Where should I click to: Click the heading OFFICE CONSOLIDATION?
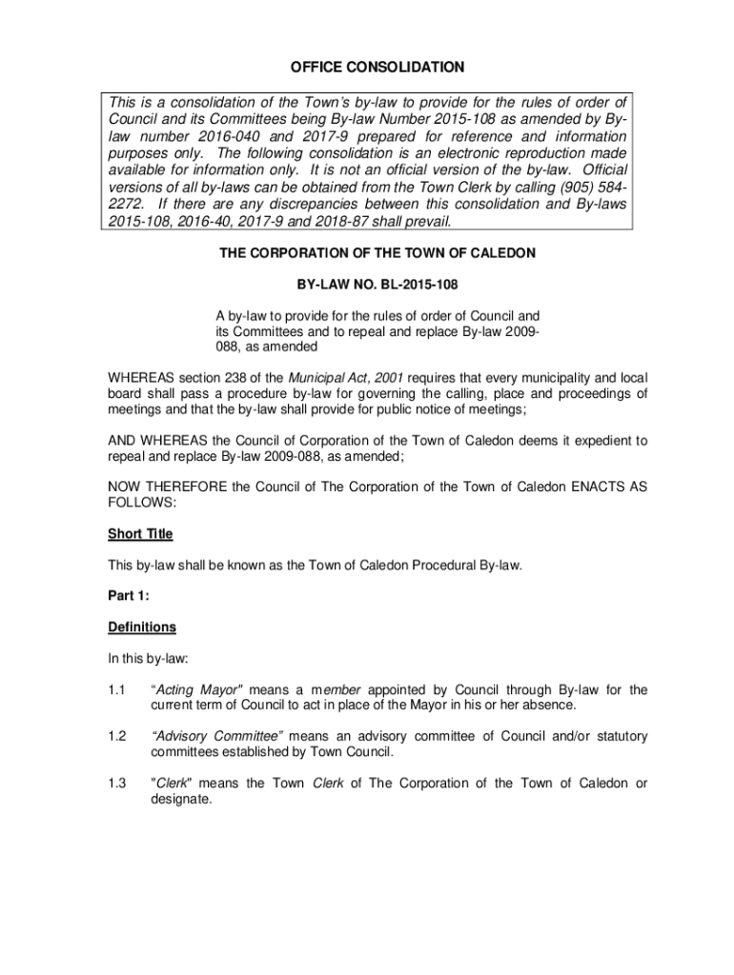[377, 68]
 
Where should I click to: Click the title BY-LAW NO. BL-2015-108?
[377, 285]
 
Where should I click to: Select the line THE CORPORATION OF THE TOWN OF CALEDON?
[377, 254]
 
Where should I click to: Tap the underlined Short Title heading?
[140, 534]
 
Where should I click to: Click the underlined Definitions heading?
[142, 627]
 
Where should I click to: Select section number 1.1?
[117, 689]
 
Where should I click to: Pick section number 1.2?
[117, 736]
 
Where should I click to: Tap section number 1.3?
[117, 783]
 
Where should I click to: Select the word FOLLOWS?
[142, 502]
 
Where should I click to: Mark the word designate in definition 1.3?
[181, 799]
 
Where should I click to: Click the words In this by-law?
[150, 658]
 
